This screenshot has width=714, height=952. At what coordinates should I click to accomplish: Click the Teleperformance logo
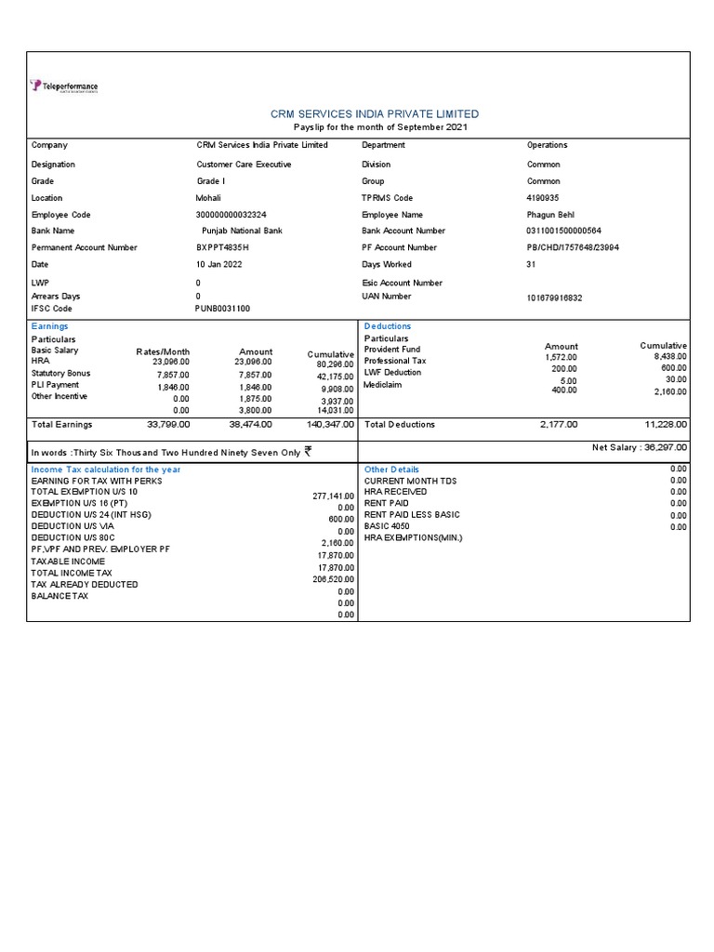64,86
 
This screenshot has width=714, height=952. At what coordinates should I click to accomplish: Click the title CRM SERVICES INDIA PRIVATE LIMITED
375,113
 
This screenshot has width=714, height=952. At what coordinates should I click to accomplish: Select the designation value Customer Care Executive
244,165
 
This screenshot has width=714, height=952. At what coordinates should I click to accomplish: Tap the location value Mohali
208,198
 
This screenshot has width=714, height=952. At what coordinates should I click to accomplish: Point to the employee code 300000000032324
231,215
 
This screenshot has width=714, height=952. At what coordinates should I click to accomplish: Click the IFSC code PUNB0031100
222,309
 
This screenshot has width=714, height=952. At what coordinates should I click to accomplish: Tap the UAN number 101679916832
556,298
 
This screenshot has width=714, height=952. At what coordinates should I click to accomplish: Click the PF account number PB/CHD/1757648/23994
573,248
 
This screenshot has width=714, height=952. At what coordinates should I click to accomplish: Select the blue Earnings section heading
49,326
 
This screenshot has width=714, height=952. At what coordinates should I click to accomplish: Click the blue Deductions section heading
387,326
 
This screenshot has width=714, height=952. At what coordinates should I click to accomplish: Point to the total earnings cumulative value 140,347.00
330,424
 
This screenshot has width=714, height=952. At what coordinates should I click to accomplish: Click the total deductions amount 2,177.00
558,424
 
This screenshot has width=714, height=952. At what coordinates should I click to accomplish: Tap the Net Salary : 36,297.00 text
640,447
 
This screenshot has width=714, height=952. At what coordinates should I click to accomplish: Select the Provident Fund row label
392,350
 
